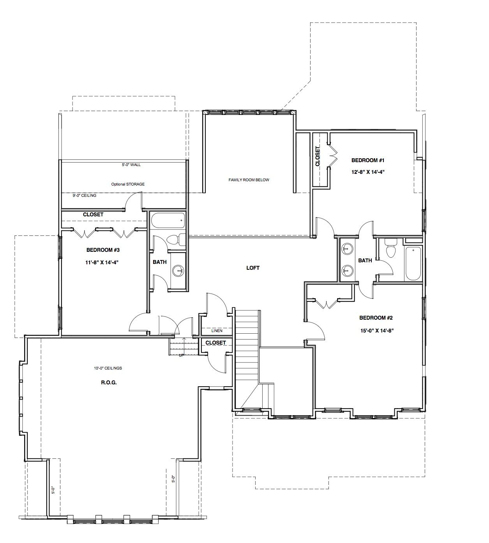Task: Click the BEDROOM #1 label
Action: point(368,160)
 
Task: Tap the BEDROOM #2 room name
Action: point(376,318)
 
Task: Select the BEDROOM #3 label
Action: point(103,250)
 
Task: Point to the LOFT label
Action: point(253,268)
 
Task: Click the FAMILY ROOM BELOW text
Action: point(249,180)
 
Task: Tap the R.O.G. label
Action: point(109,382)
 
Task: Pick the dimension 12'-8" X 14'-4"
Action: point(368,172)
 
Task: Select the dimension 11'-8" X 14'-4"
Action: point(102,262)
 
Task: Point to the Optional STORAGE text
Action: point(128,184)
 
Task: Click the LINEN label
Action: point(217,331)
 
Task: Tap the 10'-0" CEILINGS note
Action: point(108,368)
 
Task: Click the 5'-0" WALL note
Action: point(131,164)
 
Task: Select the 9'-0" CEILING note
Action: point(85,195)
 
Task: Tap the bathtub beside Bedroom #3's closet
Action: point(168,221)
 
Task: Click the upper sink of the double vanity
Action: point(347,248)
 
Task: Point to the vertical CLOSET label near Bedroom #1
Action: point(317,156)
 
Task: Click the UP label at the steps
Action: point(181,355)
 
